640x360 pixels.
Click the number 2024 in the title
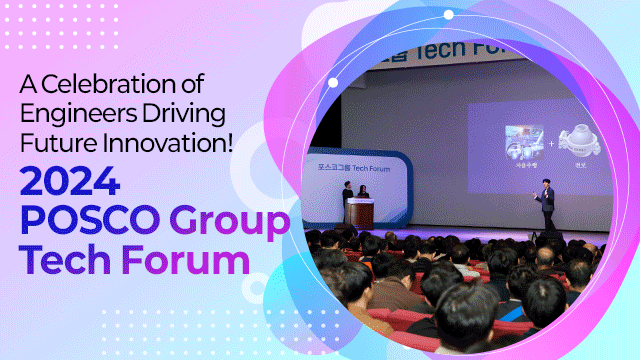click(x=71, y=182)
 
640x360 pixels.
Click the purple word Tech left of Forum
click(x=63, y=260)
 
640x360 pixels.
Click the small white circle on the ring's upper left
click(x=333, y=83)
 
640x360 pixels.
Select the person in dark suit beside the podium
click(x=347, y=203)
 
